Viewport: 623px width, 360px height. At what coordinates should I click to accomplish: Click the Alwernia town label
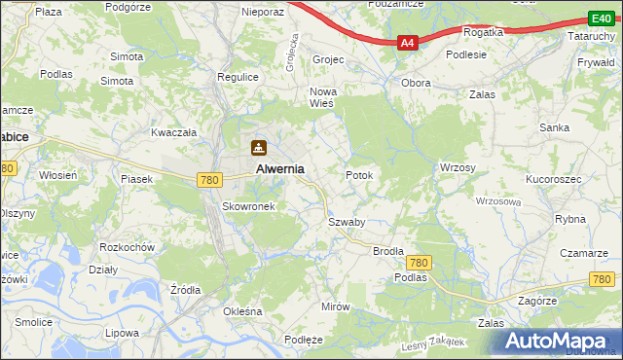[x=279, y=168]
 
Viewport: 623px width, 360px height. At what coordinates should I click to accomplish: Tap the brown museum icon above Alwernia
[x=259, y=148]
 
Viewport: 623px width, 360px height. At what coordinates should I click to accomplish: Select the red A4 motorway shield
[x=408, y=43]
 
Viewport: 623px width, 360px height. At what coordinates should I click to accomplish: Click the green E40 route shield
[x=601, y=18]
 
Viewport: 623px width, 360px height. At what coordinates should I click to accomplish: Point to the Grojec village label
[x=328, y=59]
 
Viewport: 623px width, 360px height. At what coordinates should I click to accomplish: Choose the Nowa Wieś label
[x=322, y=98]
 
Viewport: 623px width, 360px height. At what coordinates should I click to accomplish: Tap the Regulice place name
[x=238, y=77]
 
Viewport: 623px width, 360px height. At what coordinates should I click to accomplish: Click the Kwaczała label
[x=174, y=131]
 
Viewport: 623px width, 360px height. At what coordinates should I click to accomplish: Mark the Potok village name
[x=359, y=176]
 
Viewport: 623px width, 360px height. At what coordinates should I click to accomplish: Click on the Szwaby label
[x=346, y=222]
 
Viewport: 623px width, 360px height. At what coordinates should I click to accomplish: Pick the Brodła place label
[x=388, y=251]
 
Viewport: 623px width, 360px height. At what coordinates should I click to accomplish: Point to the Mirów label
[x=335, y=306]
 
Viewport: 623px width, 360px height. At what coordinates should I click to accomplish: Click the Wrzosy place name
[x=458, y=168]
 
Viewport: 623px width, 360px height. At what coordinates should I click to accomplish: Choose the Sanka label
[x=555, y=127]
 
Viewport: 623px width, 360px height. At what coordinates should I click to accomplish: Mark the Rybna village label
[x=570, y=219]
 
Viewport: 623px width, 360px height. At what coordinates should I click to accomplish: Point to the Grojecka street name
[x=292, y=49]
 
